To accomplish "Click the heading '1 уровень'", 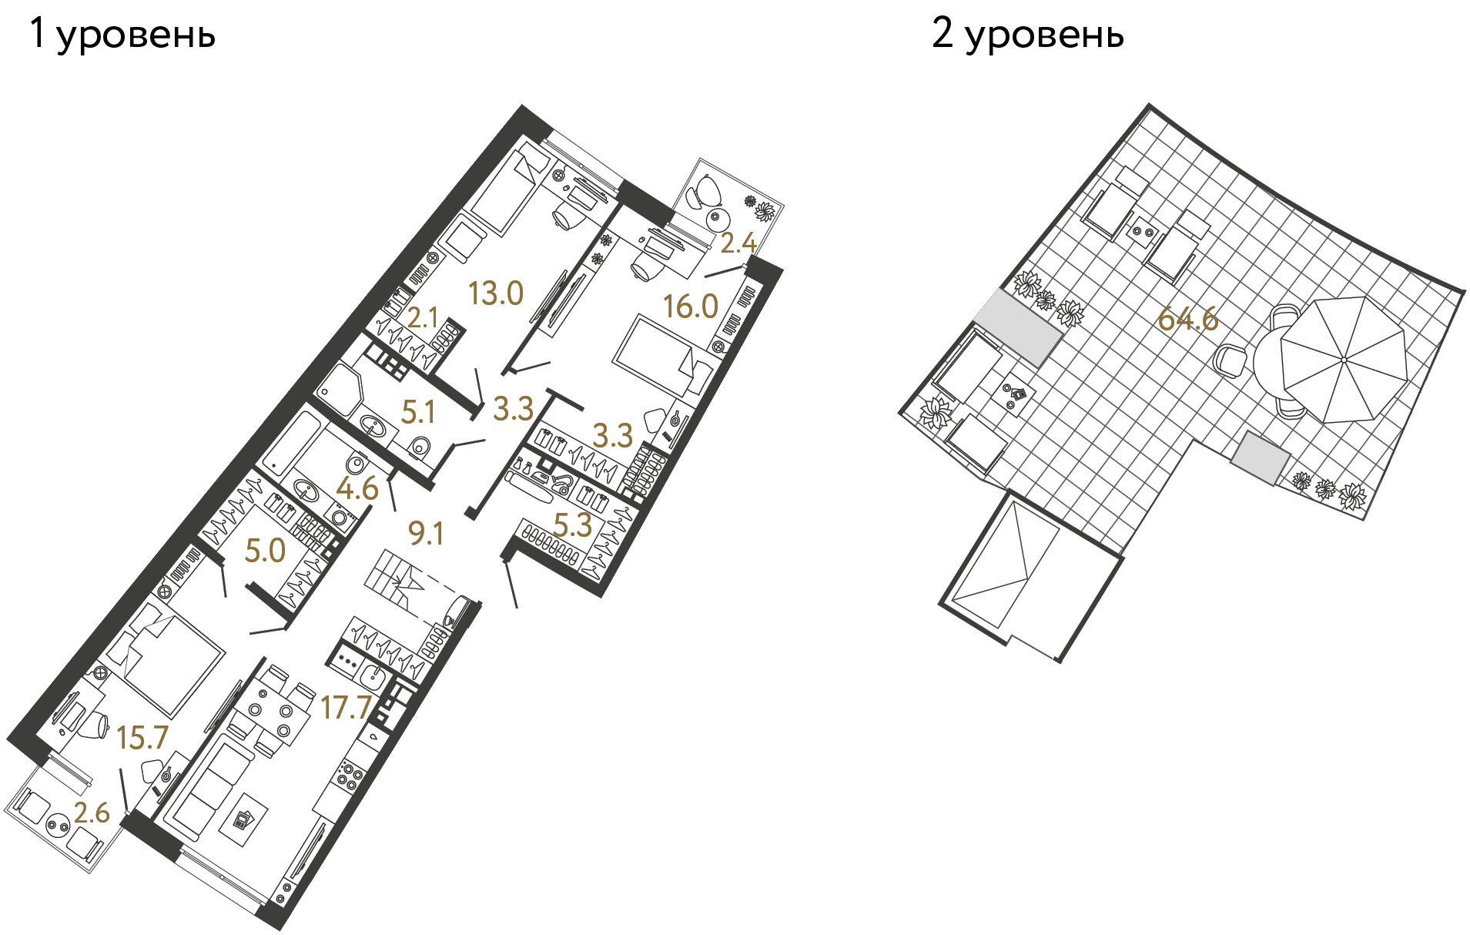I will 122,35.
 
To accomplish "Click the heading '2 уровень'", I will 1027,35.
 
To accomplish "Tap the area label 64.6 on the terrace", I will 1187,318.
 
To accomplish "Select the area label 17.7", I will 346,707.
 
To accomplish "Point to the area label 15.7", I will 142,738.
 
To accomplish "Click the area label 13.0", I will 496,293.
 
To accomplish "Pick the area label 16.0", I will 691,307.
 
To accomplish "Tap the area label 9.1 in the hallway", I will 425,533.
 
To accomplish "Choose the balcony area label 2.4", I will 738,243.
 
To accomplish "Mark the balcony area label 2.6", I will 92,813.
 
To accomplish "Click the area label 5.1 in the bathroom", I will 418,412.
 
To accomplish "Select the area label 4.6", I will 357,488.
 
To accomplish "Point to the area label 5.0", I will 265,551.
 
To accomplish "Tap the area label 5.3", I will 573,525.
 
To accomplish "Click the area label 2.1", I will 423,317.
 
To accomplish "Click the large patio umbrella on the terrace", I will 1343,360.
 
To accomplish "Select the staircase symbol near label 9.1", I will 397,578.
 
